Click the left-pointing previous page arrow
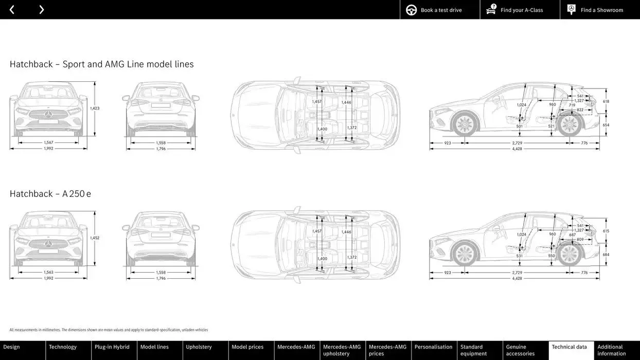click(12, 10)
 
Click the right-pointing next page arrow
click(42, 10)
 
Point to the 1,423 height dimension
click(95, 109)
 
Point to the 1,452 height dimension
click(95, 238)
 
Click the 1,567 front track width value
click(48, 142)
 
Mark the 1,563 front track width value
click(48, 272)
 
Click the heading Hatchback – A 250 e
click(50, 194)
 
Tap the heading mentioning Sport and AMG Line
click(102, 64)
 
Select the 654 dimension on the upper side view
click(606, 125)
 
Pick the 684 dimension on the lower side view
click(606, 255)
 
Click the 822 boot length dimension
click(580, 110)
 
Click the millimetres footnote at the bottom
click(109, 330)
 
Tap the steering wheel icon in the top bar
click(412, 10)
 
